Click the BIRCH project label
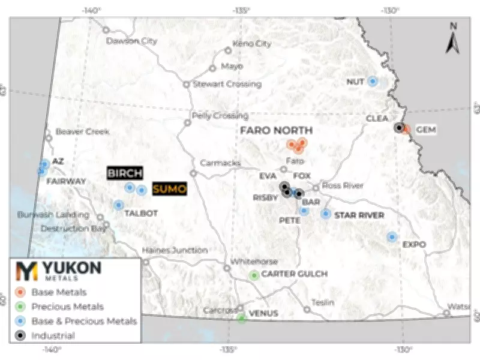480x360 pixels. [x=125, y=173]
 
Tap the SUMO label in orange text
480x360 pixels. [x=169, y=189]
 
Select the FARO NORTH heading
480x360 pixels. [x=276, y=130]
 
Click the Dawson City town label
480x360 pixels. [x=131, y=41]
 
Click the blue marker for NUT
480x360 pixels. [x=373, y=81]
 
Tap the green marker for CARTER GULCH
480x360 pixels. [x=254, y=275]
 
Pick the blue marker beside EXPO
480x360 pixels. [x=392, y=237]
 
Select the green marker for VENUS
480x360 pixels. [x=241, y=317]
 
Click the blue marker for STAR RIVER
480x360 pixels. [x=326, y=214]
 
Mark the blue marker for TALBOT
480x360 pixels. [x=119, y=205]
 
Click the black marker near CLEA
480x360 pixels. [x=398, y=127]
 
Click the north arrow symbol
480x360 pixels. [x=454, y=39]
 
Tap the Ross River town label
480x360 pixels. [x=343, y=186]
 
